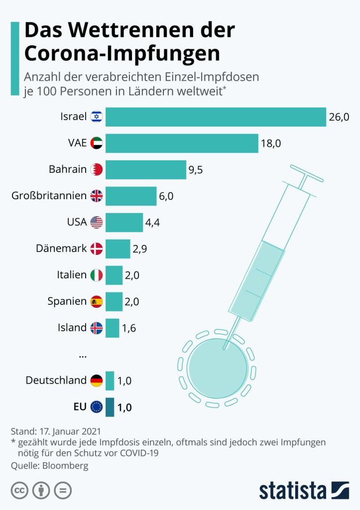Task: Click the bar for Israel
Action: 216,117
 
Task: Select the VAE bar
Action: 182,143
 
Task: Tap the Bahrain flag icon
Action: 97,170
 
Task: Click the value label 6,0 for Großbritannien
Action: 166,196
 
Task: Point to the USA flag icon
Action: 97,222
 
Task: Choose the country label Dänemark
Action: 61,248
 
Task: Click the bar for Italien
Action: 114,275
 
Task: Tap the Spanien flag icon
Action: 97,301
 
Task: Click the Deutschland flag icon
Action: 97,381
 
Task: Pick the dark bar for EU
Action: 110,407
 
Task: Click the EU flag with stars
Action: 97,407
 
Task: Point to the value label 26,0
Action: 339,117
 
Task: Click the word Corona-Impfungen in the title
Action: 122,54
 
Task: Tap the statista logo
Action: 304,490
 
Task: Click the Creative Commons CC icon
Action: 19,491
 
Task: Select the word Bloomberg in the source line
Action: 66,466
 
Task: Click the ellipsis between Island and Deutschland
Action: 83,355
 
